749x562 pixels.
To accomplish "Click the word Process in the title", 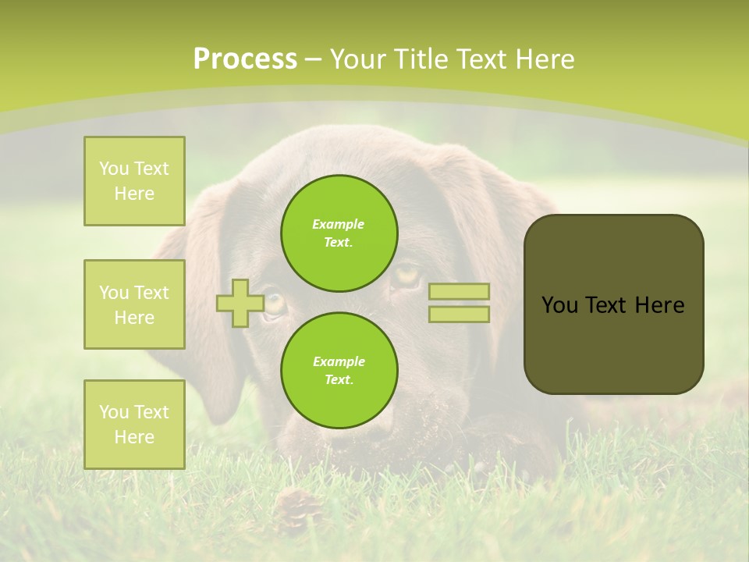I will click(x=245, y=59).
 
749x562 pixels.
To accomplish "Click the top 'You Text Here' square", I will click(x=134, y=181).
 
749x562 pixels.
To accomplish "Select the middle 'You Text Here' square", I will click(x=134, y=304).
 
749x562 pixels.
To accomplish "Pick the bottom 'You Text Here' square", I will click(x=134, y=425).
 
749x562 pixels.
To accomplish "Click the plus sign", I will click(x=240, y=303).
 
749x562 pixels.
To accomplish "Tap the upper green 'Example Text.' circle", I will click(x=339, y=233).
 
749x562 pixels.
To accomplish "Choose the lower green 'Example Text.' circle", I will click(x=339, y=371).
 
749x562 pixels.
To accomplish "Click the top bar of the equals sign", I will click(x=459, y=292).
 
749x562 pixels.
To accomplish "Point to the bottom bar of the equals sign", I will click(x=459, y=314).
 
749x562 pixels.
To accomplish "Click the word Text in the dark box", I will click(x=608, y=305).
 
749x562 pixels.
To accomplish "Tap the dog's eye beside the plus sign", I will click(x=275, y=303).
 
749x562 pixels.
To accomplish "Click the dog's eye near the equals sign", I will click(x=406, y=275).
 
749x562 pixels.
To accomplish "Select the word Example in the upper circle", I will click(x=338, y=225).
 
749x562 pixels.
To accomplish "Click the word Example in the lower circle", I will click(x=339, y=362).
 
